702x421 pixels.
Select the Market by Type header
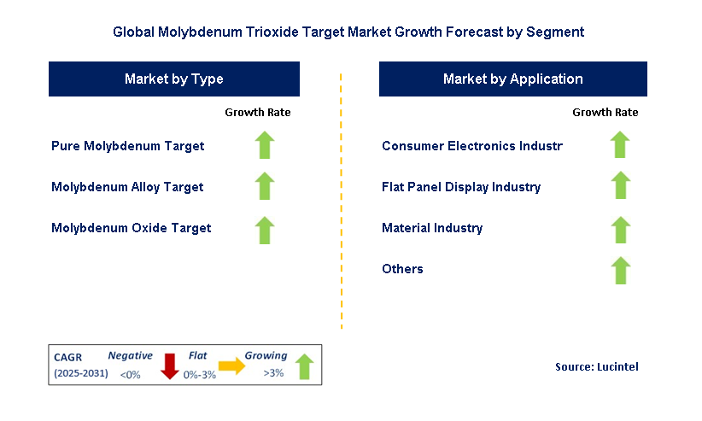click(x=174, y=79)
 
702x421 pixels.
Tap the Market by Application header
click(x=512, y=79)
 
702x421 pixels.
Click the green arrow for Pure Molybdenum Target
click(x=265, y=145)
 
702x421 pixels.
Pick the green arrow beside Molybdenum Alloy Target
click(x=265, y=186)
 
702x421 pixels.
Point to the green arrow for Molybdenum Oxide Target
click(x=265, y=228)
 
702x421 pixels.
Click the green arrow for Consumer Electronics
click(x=621, y=145)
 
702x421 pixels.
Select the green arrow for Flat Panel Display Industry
click(x=621, y=186)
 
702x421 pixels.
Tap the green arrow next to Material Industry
click(x=621, y=228)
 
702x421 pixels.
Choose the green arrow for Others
click(x=621, y=270)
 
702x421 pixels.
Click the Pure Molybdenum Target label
click(x=128, y=146)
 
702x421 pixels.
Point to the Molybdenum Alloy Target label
click(x=127, y=187)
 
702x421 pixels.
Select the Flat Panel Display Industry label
click(x=461, y=187)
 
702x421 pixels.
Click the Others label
click(x=402, y=269)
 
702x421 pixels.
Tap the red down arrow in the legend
click(x=169, y=365)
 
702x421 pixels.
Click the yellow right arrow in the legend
click(x=231, y=366)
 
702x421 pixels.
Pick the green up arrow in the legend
click(x=304, y=366)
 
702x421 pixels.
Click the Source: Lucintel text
click(x=596, y=366)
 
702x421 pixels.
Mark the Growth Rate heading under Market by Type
click(x=258, y=113)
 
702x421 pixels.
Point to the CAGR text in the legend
click(x=68, y=357)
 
